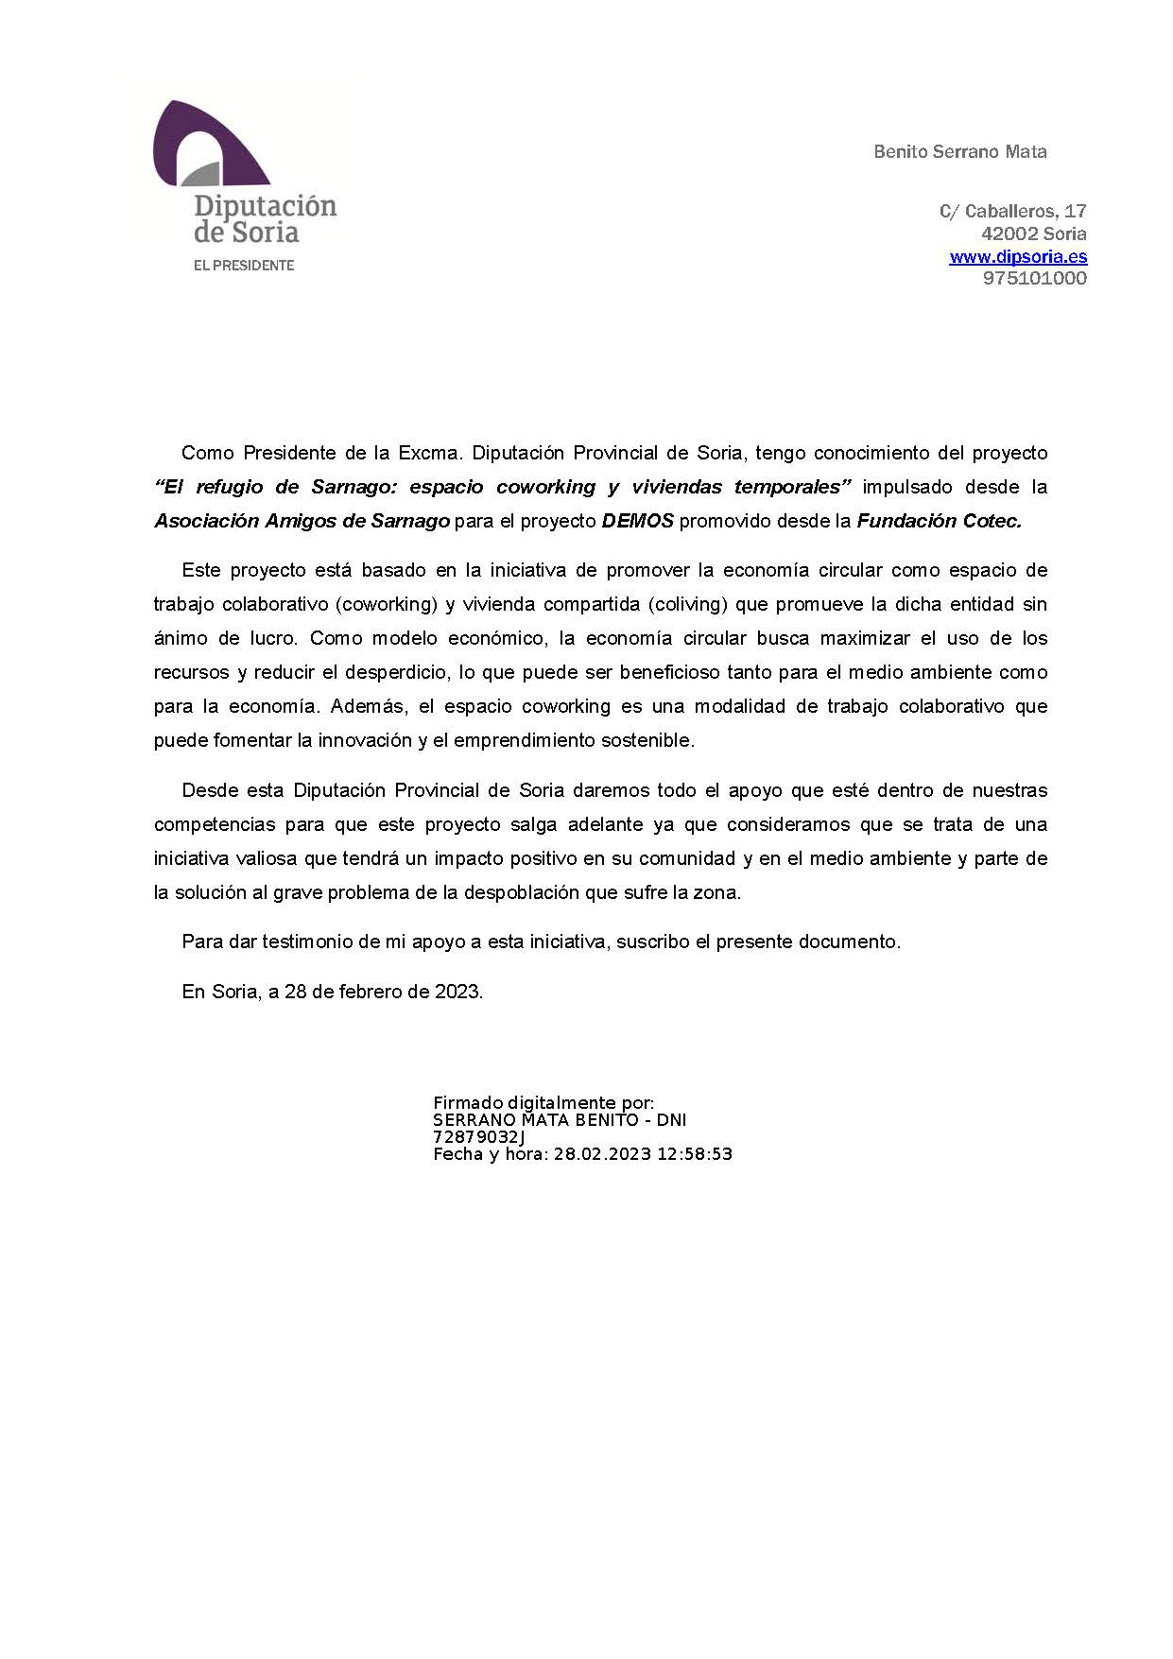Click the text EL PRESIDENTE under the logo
click(x=244, y=266)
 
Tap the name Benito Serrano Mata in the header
click(x=959, y=151)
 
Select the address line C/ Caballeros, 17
click(x=1012, y=211)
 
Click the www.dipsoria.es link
click(x=1018, y=256)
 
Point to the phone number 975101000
click(x=1035, y=278)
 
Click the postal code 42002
click(x=1009, y=233)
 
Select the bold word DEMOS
click(x=637, y=521)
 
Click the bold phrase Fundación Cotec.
click(x=939, y=521)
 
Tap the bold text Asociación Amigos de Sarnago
click(x=302, y=521)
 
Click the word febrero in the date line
click(x=371, y=992)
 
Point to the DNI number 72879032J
click(x=479, y=1137)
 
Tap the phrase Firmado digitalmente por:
click(x=543, y=1102)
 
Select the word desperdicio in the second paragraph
click(x=397, y=672)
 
